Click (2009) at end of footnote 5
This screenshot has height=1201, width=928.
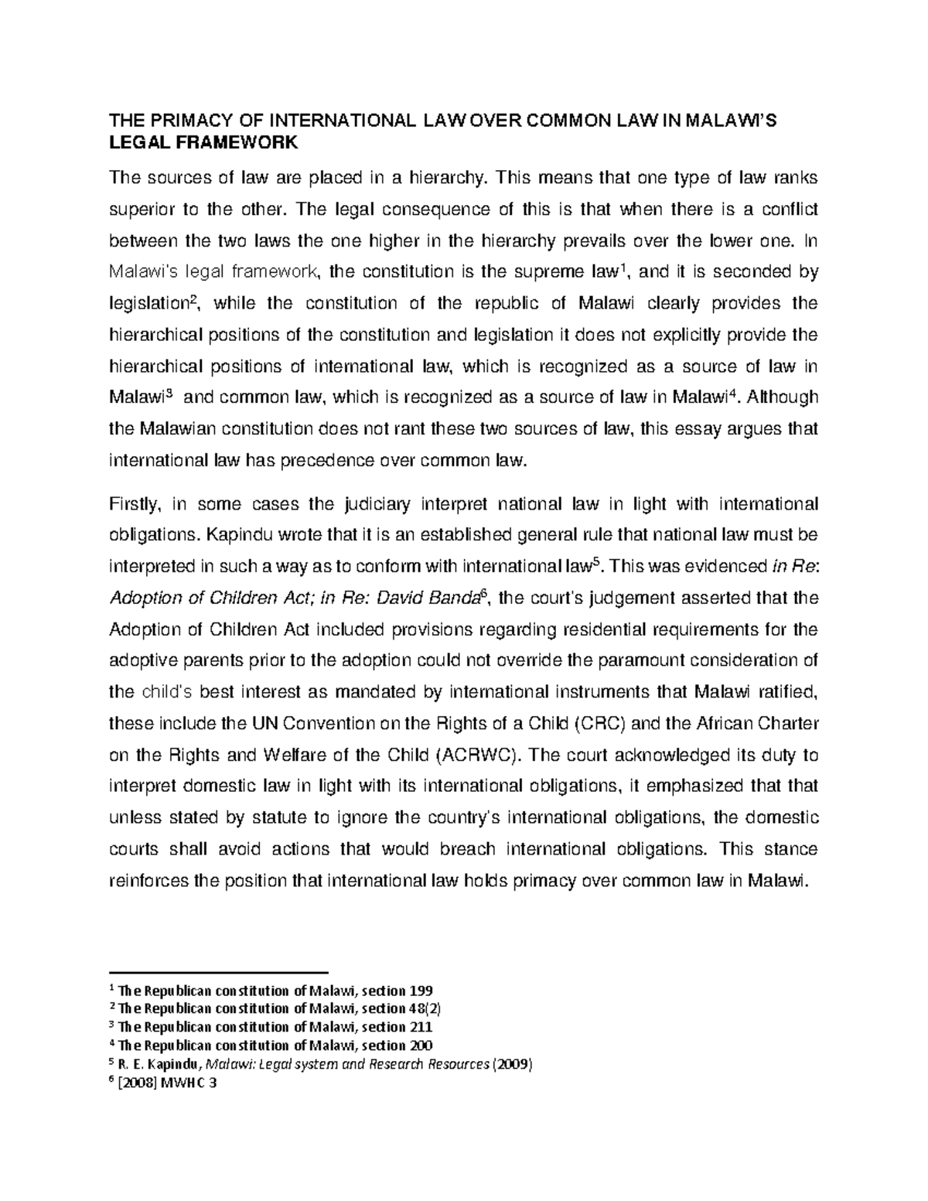(512, 1064)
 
